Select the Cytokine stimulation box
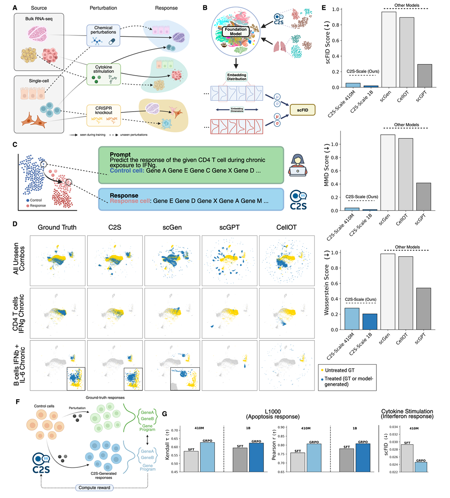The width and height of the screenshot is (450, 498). coord(103,74)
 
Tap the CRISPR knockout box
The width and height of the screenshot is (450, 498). coord(103,115)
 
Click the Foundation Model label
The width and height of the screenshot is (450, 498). coord(236,31)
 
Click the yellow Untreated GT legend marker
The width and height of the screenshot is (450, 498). coord(322,370)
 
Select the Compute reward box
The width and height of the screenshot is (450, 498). coord(94,488)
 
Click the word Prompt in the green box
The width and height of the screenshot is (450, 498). coord(120,155)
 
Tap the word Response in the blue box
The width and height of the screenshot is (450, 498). coord(124,195)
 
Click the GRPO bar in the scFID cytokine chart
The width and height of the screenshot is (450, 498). coord(421,467)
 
